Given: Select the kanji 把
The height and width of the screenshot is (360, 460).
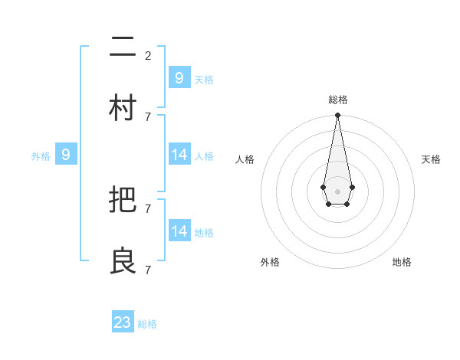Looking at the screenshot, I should [123, 200].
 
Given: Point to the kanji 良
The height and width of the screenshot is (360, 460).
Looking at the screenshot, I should [123, 261].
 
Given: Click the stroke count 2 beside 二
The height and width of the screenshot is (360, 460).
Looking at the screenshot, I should [148, 55].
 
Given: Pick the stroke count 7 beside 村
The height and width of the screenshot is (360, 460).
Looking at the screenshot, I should [148, 116].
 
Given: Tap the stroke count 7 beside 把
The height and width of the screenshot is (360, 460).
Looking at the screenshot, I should [148, 208].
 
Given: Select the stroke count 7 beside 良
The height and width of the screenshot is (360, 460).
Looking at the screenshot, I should [148, 270].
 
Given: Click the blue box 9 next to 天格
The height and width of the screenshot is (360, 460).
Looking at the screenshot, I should [179, 78].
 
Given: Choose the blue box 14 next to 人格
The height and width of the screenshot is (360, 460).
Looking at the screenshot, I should [179, 155].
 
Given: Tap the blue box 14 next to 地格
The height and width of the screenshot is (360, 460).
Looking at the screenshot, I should [179, 231].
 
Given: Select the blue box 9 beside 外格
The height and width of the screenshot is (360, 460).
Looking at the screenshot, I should [66, 155].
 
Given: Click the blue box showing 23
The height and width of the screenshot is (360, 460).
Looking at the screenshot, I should [123, 322].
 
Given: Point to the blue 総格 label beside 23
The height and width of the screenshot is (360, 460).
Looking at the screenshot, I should [148, 324].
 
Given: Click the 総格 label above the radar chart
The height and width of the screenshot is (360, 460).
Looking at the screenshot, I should [338, 100].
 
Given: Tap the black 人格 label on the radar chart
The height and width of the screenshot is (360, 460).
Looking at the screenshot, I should [245, 159].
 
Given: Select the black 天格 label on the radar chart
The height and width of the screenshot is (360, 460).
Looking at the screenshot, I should [431, 159].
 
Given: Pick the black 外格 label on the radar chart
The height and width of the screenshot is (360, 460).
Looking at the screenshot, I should [270, 262].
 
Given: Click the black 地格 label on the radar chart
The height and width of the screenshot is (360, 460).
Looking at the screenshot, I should [402, 262].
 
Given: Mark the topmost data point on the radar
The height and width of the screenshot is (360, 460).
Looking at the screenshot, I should [337, 116].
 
